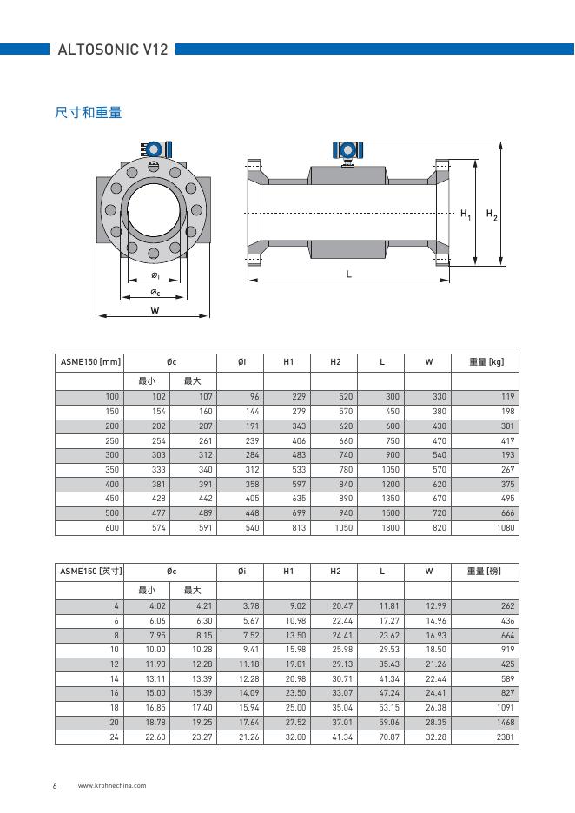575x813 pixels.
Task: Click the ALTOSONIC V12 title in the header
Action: pos(112,50)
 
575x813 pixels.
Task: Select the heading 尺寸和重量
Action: pos(88,113)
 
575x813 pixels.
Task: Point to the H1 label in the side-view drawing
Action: pos(466,214)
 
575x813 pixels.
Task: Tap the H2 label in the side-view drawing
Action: pos(492,214)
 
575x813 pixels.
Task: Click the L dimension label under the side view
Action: pos(349,274)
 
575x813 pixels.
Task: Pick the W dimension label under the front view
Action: pos(155,310)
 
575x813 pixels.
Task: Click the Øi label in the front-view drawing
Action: pos(155,275)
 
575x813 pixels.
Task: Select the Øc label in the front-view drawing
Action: pos(155,293)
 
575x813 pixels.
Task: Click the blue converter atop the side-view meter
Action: pos(347,149)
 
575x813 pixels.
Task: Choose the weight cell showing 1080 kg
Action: pos(505,528)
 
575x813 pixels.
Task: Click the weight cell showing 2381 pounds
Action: pos(505,737)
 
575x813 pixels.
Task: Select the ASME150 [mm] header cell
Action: pos(89,361)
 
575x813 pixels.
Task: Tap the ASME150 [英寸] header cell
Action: pos(89,571)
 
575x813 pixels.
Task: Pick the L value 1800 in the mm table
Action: pos(390,528)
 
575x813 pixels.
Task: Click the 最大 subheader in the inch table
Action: pos(193,590)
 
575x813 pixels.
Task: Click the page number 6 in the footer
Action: pos(55,785)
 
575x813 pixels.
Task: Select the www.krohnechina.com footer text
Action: pos(112,785)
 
